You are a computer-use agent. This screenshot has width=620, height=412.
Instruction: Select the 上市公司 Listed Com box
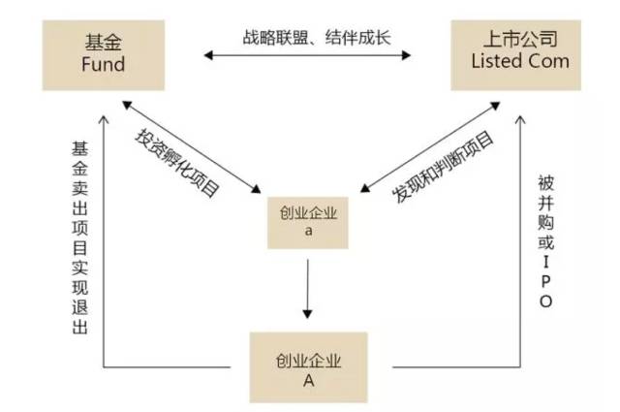(x=519, y=55)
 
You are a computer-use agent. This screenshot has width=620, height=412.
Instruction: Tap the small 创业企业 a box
(x=307, y=224)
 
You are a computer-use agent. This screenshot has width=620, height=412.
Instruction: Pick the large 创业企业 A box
(x=307, y=366)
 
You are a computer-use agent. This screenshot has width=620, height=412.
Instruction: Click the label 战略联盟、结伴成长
(x=310, y=40)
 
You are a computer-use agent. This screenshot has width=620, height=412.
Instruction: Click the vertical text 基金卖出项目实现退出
(x=79, y=238)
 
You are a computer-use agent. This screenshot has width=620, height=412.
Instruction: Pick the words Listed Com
(x=519, y=65)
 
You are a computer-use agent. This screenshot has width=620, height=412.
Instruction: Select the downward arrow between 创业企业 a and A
(x=307, y=291)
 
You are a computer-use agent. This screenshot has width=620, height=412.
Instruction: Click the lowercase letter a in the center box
(x=307, y=234)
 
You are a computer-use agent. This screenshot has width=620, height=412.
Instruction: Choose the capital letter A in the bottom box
(x=307, y=379)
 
